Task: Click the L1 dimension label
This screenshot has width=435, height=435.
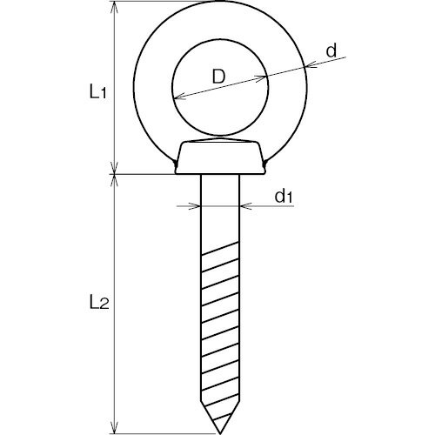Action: tap(98, 92)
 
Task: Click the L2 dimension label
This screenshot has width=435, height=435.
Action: tap(99, 304)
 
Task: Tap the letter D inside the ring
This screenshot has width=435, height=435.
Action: tap(218, 77)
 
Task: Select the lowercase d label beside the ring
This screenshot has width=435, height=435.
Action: tap(331, 50)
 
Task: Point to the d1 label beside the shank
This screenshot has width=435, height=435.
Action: tap(284, 197)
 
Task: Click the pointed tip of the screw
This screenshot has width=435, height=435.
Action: tap(220, 434)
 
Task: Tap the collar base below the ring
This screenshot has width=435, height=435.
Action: tap(220, 157)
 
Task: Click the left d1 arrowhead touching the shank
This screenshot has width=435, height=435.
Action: tap(195, 206)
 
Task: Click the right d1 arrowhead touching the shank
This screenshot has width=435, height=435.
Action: tap(246, 206)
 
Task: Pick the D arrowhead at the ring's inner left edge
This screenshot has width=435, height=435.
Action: tap(180, 96)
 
